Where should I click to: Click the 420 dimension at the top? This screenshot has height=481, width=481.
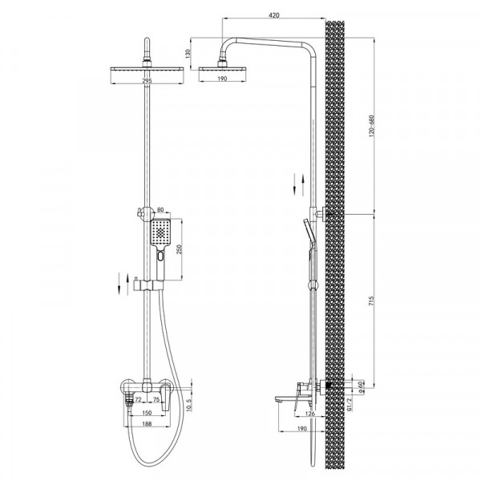[275, 14]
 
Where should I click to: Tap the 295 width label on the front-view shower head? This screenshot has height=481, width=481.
[146, 80]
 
